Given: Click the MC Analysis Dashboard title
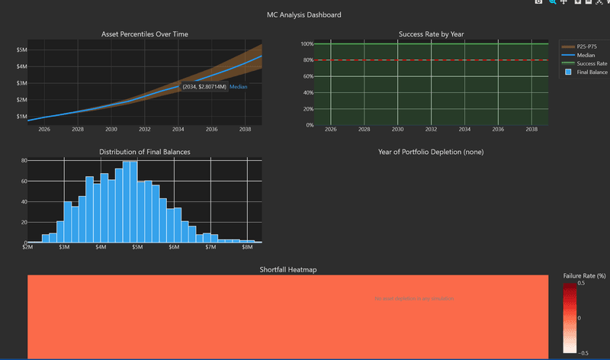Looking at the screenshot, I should tap(304, 14).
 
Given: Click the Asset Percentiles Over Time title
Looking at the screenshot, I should tap(145, 34).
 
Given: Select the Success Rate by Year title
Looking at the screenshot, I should tap(431, 34).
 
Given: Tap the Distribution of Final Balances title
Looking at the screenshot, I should tap(145, 152).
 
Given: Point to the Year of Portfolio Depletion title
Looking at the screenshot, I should tap(431, 152).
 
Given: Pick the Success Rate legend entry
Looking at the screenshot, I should tap(591, 63).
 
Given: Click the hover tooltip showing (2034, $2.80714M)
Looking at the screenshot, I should tap(204, 87).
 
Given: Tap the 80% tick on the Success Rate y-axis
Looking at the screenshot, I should tap(308, 60).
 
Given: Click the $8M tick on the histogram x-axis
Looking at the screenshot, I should tap(247, 247).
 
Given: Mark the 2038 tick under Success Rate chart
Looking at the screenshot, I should tap(532, 130).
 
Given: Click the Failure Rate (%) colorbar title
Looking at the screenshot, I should tap(583, 275).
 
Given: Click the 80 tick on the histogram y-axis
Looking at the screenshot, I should tap(24, 161).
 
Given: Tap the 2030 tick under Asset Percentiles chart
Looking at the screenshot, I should tap(111, 130).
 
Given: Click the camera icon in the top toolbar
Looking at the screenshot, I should tap(539, 2).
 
